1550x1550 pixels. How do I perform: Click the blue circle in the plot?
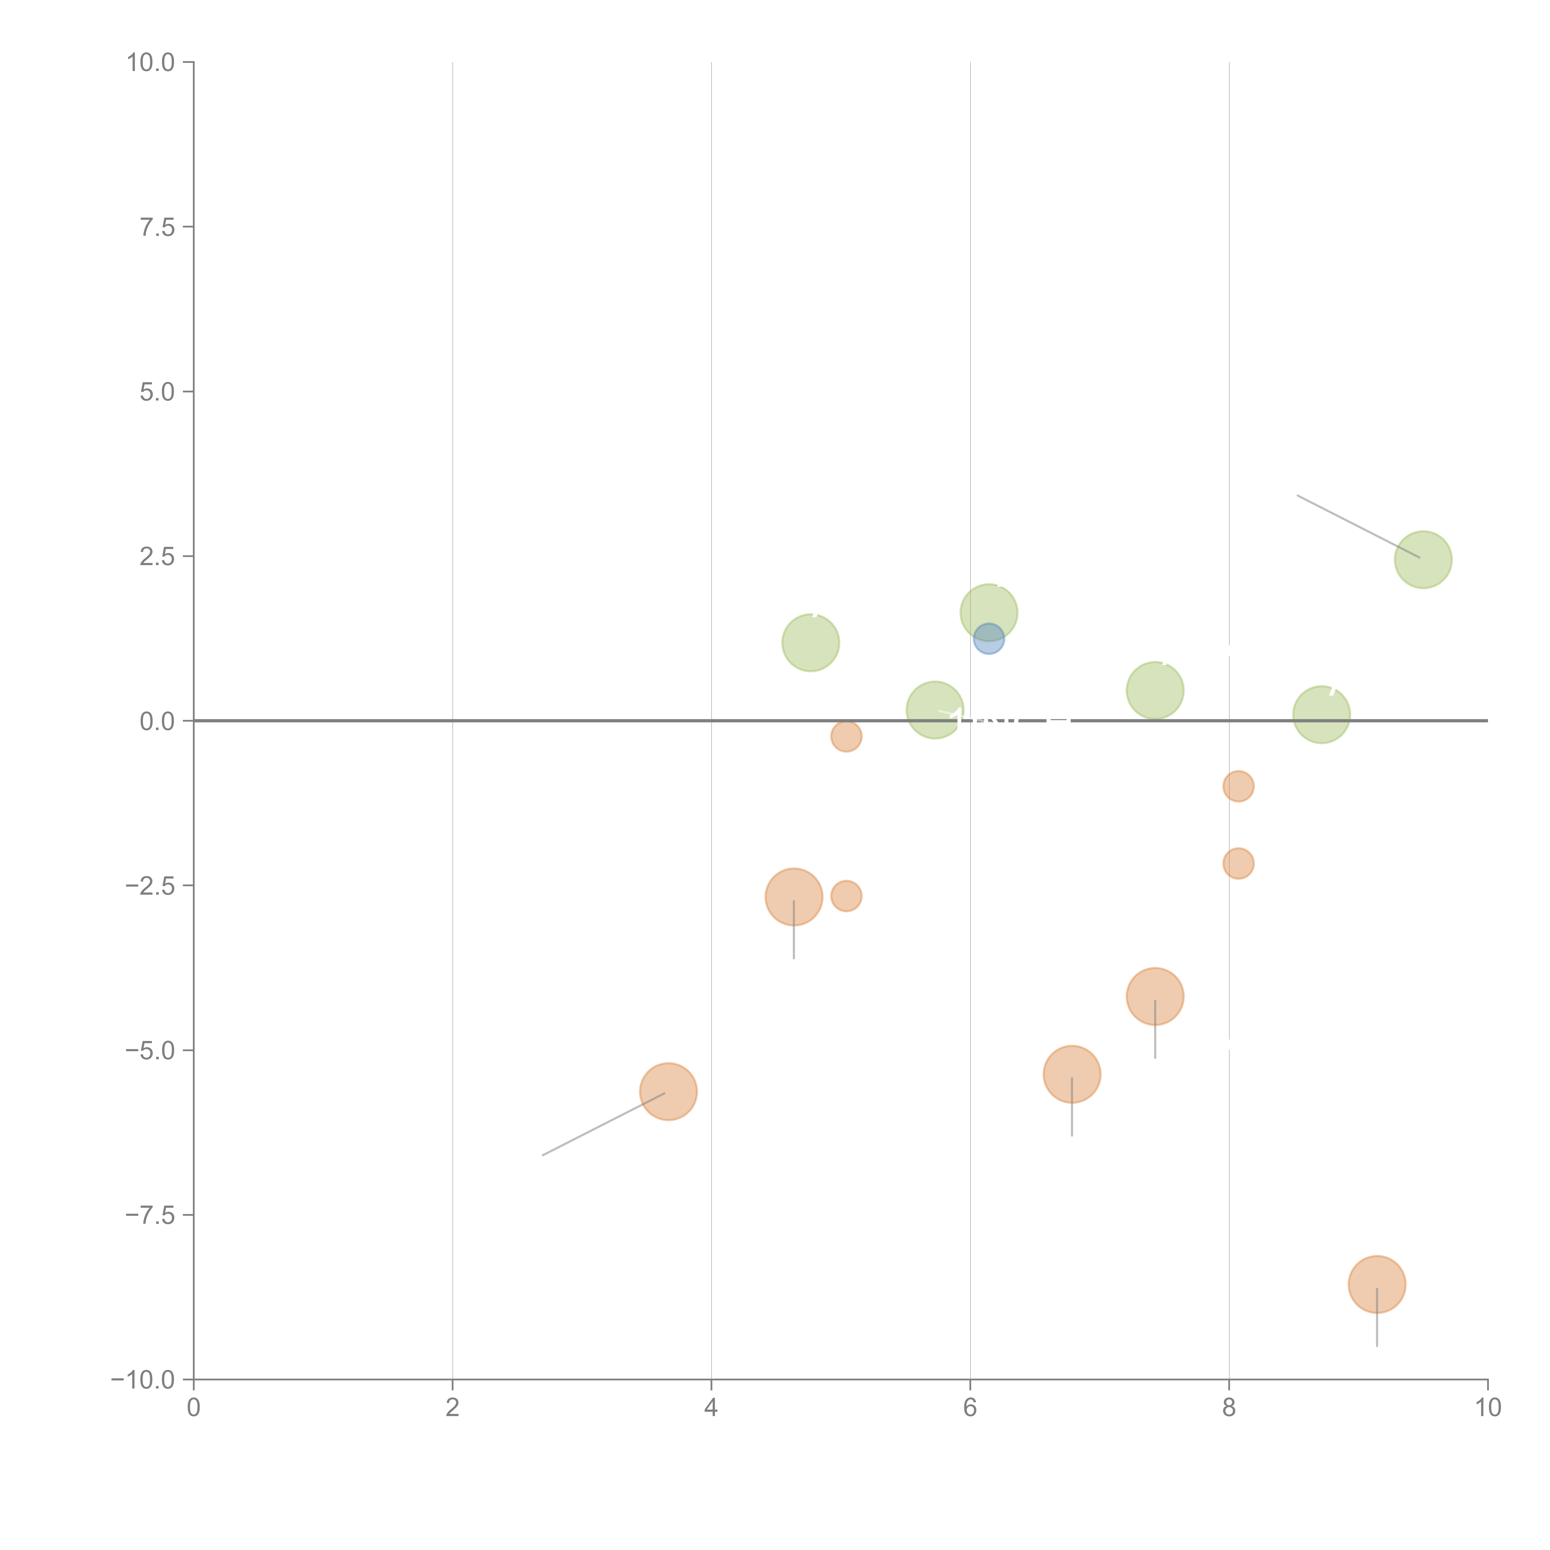coord(988,640)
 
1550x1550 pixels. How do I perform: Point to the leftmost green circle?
coord(810,643)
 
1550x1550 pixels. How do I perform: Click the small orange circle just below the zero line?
coord(846,736)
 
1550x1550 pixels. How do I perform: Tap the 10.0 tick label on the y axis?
coord(151,63)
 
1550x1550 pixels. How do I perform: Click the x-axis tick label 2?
coord(453,1408)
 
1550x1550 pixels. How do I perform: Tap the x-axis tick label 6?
coord(970,1408)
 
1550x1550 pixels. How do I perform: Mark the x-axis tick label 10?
coord(1487,1408)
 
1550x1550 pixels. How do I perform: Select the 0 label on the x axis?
coord(193,1408)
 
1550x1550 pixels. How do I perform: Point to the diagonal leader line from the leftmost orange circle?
coord(603,1124)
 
